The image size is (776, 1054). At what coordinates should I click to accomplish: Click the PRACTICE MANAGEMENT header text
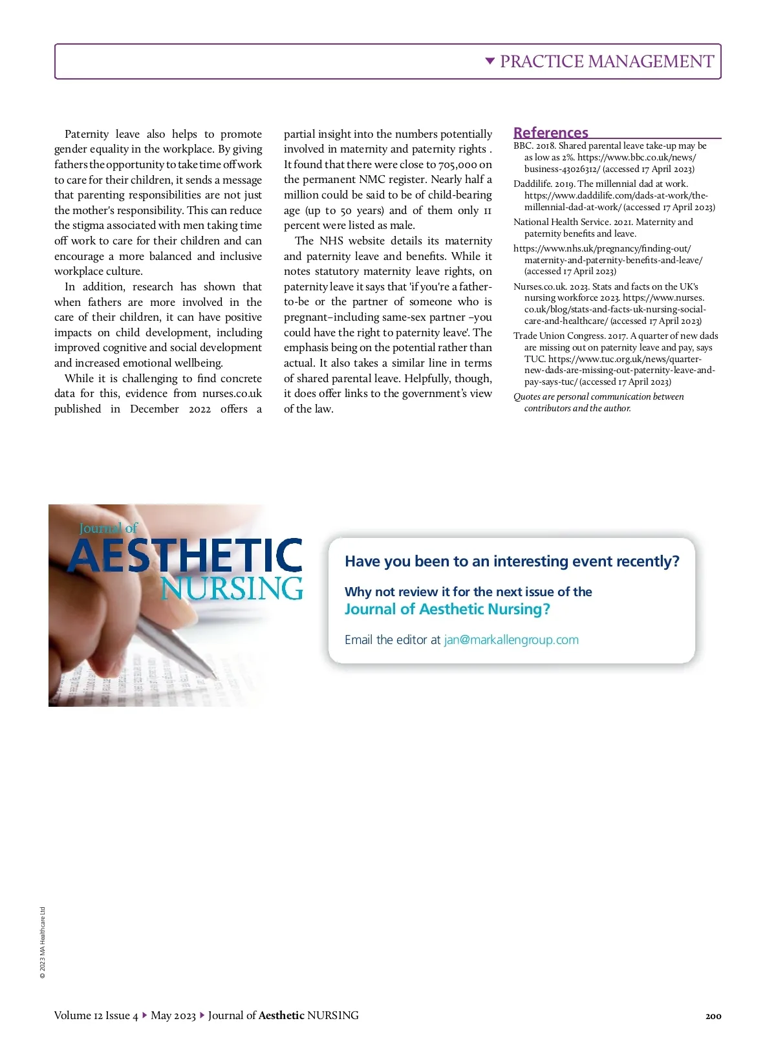tap(607, 61)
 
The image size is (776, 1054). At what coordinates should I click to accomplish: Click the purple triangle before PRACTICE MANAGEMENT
tap(490, 61)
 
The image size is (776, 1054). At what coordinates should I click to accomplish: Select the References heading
tap(551, 133)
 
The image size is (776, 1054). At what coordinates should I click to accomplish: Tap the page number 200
tap(713, 1016)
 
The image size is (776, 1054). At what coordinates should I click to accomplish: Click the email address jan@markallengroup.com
tap(511, 640)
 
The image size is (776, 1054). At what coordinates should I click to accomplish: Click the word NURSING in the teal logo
tap(232, 588)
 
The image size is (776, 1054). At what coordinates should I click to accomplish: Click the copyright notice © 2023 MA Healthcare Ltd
tap(43, 942)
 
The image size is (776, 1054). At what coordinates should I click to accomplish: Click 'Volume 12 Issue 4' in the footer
tap(96, 1015)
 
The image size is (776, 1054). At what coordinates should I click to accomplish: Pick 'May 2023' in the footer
tap(173, 1015)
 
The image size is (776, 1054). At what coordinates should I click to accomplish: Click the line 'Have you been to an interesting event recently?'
tap(512, 561)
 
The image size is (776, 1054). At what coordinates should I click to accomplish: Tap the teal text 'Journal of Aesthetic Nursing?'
tap(447, 609)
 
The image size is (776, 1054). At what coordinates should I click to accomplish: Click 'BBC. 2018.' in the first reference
tap(535, 146)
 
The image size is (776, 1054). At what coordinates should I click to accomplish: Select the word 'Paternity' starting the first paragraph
tap(87, 134)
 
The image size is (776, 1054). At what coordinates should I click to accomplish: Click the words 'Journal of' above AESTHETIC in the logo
tap(109, 528)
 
